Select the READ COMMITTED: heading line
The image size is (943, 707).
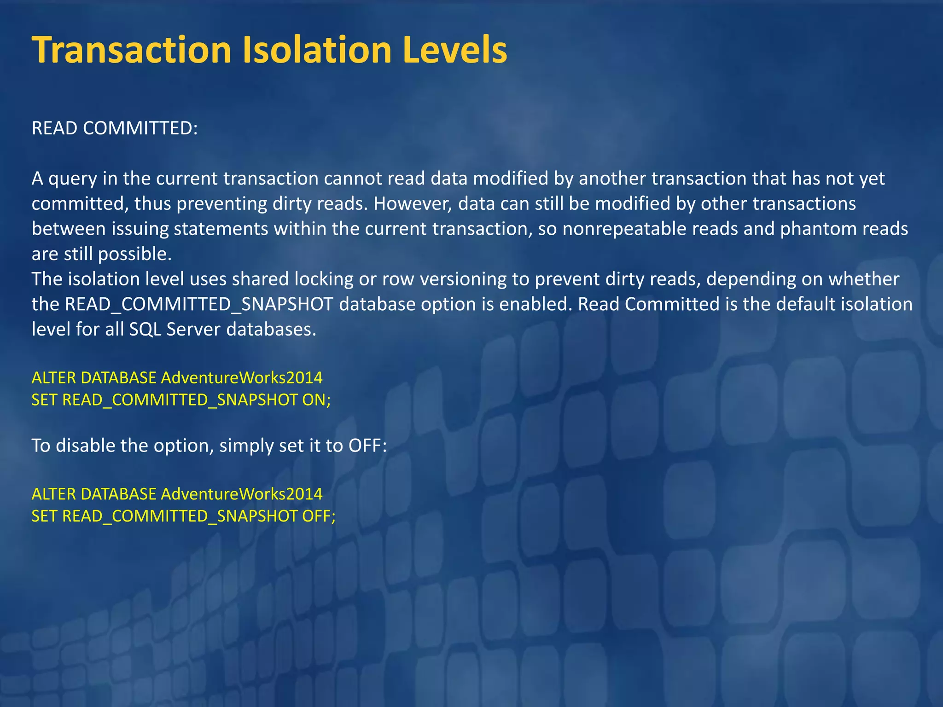coord(115,128)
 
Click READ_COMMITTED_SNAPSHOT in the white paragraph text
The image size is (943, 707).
coord(199,304)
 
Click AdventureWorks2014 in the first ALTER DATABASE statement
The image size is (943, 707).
coord(241,378)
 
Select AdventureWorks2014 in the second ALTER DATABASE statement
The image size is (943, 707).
coord(241,494)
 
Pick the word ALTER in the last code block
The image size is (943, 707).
coord(53,494)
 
